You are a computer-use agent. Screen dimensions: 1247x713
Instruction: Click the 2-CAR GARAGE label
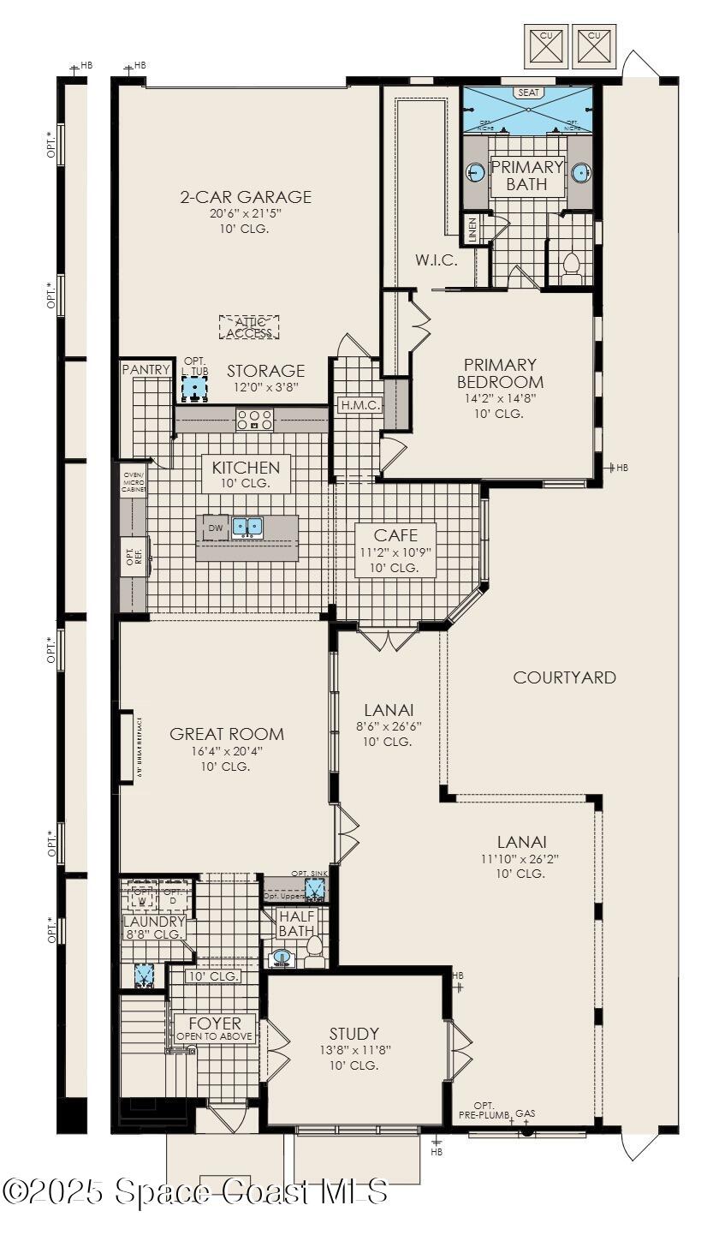(x=245, y=197)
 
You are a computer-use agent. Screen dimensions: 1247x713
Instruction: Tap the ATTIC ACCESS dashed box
(x=249, y=327)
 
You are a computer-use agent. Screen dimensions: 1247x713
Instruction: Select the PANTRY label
(x=146, y=369)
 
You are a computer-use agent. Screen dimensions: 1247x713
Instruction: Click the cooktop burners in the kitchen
(x=254, y=420)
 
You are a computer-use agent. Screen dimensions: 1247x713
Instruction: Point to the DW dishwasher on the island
(x=215, y=528)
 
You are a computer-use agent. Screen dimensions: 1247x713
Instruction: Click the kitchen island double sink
(x=247, y=527)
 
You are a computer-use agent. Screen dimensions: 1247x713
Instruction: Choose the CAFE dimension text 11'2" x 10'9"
(x=395, y=552)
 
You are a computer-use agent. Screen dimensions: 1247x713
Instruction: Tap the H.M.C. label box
(x=359, y=405)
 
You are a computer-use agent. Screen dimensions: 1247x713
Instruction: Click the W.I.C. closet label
(x=437, y=260)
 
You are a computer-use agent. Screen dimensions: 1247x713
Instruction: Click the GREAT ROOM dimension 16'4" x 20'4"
(x=227, y=751)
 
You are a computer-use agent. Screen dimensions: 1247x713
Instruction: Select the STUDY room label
(x=354, y=1034)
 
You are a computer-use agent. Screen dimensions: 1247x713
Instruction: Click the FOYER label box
(x=215, y=1029)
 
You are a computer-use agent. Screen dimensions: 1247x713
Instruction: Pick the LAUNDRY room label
(x=154, y=922)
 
